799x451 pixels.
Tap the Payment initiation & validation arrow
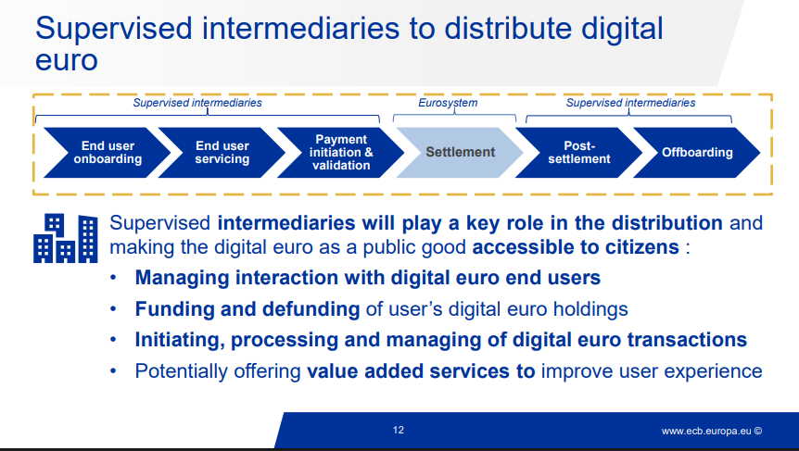click(x=340, y=152)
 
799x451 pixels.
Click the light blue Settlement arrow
click(x=460, y=152)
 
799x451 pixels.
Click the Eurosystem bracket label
click(x=454, y=103)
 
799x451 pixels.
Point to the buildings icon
click(x=66, y=238)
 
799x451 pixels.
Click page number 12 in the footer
click(x=399, y=430)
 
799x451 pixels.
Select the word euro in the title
click(x=66, y=60)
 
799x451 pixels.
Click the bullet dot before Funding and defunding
click(x=113, y=309)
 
